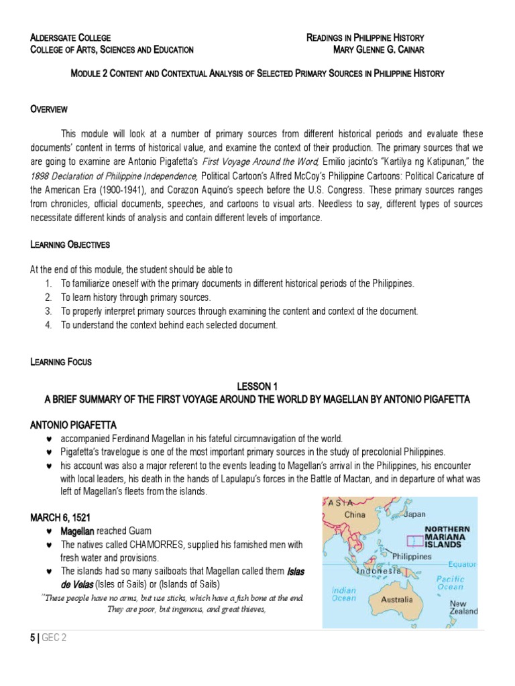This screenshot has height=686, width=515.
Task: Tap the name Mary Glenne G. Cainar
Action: click(x=379, y=50)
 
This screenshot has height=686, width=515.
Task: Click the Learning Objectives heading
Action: click(x=70, y=245)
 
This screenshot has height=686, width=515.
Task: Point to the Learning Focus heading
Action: click(x=60, y=362)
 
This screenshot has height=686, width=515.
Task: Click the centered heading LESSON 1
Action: click(x=257, y=387)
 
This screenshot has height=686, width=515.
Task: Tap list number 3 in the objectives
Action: click(x=48, y=312)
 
